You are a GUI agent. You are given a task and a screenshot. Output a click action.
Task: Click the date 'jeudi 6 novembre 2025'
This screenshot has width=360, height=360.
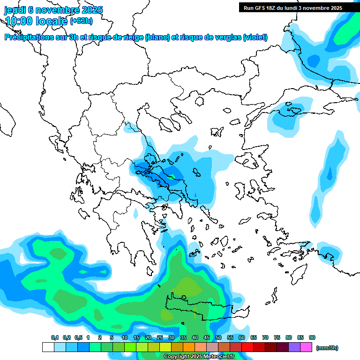pos(53,10)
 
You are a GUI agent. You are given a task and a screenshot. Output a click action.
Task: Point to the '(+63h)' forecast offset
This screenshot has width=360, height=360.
pos(81,21)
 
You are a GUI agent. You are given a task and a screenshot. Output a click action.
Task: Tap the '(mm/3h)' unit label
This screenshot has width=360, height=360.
pos(327,348)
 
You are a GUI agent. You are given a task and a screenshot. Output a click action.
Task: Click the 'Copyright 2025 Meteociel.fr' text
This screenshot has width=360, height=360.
pos(199,357)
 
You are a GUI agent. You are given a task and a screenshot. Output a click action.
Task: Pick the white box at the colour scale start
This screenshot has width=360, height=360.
pos(48,347)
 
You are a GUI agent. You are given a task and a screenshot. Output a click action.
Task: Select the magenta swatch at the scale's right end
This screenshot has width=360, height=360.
pos(306,347)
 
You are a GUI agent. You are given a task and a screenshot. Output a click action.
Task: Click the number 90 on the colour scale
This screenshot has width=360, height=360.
pos(312,337)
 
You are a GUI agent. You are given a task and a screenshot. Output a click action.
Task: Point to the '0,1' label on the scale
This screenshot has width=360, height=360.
pos(55,337)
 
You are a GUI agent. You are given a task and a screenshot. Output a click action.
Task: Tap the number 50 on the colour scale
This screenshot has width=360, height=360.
pos(218,337)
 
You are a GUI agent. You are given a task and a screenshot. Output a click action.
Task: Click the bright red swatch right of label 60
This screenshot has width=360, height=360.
pos(247,347)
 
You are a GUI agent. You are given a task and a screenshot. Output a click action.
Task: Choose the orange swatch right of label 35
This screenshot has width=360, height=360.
pos(189,347)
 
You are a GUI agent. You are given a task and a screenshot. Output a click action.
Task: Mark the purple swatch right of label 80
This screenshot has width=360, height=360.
pos(294,347)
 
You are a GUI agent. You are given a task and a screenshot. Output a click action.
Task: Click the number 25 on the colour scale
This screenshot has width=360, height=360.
pos(160,337)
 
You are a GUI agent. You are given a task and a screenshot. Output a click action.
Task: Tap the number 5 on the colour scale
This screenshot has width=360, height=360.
pos(112,337)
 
